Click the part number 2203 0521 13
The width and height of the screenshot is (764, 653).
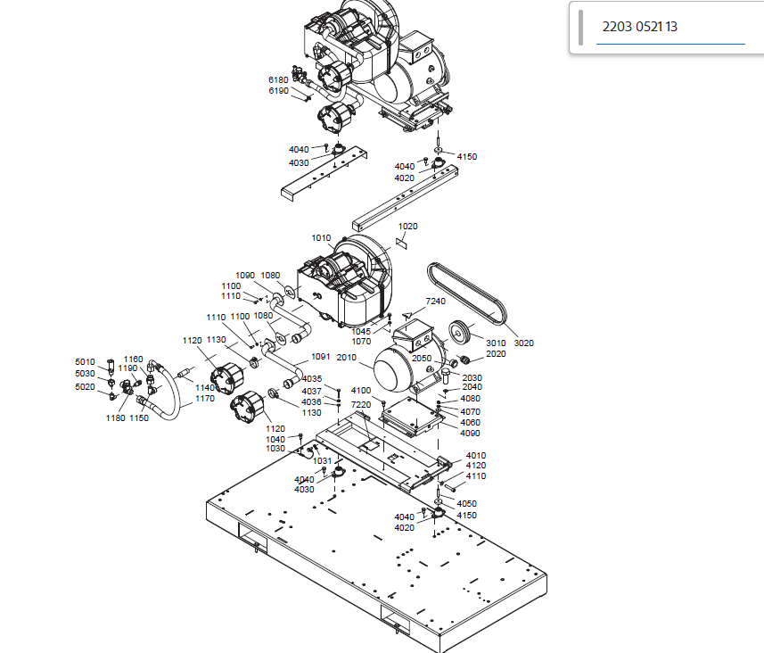coord(639,27)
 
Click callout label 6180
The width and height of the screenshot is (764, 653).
coord(278,80)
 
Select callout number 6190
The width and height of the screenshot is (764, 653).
coord(278,91)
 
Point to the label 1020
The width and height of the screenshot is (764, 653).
coord(408,227)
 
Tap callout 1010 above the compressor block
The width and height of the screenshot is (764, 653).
coord(321,238)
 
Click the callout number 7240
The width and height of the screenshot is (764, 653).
coord(435,302)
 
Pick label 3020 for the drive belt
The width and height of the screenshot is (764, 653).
coord(523,343)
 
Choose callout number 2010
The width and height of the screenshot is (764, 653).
coord(347,358)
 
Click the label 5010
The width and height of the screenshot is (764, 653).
coord(85,362)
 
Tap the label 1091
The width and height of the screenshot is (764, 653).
coord(320,358)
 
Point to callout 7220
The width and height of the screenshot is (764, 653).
coord(360,404)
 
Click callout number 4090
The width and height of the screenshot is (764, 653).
coord(470,434)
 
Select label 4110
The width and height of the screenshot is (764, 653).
coord(476,476)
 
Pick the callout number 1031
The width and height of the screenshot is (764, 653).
coord(323,461)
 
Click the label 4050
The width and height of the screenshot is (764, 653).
coord(466,504)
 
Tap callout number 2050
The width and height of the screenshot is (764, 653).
coord(422,358)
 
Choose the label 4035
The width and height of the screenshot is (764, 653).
coord(312,380)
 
